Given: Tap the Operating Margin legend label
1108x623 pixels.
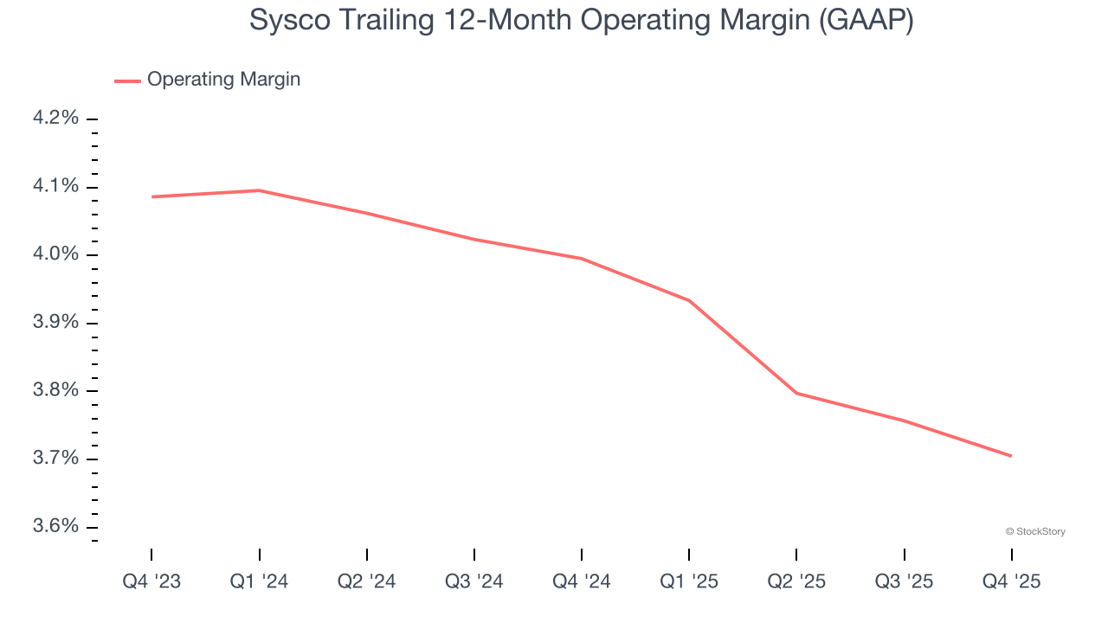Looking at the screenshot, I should (x=223, y=80).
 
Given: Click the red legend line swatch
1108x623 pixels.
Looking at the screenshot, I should (x=127, y=81).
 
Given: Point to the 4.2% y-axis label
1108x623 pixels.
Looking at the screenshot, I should (x=55, y=119).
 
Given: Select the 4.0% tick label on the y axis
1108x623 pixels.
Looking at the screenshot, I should (x=55, y=254).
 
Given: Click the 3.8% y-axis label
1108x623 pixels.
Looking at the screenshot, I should (x=55, y=390).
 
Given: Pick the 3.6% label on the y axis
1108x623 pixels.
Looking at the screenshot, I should (x=55, y=526).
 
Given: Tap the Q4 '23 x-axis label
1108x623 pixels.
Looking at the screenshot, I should (x=151, y=581).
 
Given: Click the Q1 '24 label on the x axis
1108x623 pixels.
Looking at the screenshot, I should (x=259, y=581).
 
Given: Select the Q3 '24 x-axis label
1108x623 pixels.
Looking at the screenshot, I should (x=474, y=581).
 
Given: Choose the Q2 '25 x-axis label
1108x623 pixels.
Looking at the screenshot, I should (x=796, y=581).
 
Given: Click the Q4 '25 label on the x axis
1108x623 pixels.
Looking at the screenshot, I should (x=1011, y=581).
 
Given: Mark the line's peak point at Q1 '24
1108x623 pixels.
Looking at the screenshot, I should (x=259, y=190).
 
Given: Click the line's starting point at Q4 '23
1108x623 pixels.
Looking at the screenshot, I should (x=152, y=197).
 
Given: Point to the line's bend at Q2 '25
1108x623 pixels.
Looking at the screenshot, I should (x=796, y=393).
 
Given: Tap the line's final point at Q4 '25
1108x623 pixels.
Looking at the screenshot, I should (x=1010, y=456).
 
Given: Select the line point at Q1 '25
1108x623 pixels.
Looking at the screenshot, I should (x=689, y=300).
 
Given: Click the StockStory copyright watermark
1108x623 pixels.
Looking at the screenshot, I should (x=1035, y=531).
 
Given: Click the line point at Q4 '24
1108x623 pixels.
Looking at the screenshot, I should (x=582, y=259).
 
